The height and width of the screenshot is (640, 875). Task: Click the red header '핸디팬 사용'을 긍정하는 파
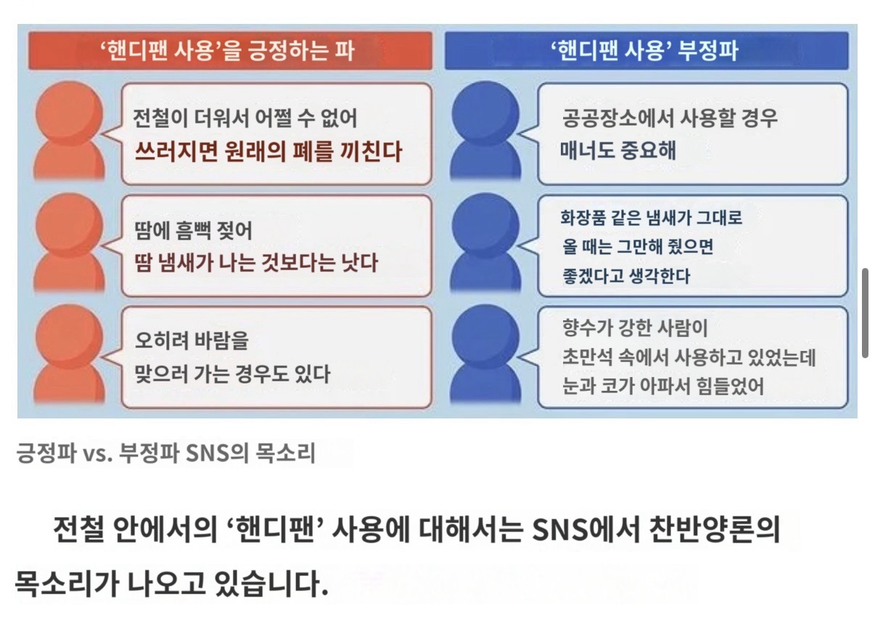pos(231,51)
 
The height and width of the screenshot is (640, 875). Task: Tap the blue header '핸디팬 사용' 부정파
pos(646,51)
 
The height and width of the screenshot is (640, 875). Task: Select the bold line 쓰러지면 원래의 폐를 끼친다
pos(268,152)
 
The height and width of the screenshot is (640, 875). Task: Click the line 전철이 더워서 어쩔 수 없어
pos(245,118)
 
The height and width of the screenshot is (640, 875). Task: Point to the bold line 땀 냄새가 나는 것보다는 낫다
pos(256,262)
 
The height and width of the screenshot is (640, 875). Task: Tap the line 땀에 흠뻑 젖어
pos(194,230)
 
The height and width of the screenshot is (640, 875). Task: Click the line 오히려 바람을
pos(192,341)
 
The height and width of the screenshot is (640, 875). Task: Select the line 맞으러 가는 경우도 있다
pos(233,373)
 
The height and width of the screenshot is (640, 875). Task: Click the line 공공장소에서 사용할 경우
pos(670,118)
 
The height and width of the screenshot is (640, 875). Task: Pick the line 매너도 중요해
pos(618,150)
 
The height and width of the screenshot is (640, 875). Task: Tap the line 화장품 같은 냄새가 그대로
pos(652,217)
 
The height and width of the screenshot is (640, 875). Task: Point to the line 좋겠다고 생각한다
pos(626,276)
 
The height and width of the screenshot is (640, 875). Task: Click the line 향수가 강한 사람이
pos(635,328)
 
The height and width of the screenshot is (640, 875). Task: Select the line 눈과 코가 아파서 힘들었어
pos(663,386)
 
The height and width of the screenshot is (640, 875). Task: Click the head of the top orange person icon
pos(70,113)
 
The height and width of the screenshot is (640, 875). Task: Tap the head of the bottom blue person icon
pos(485,337)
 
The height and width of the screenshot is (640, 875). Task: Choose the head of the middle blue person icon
pos(485,226)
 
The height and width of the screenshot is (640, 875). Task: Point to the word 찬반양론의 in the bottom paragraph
pos(715,530)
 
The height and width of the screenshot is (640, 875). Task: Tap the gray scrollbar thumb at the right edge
pos(866,313)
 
